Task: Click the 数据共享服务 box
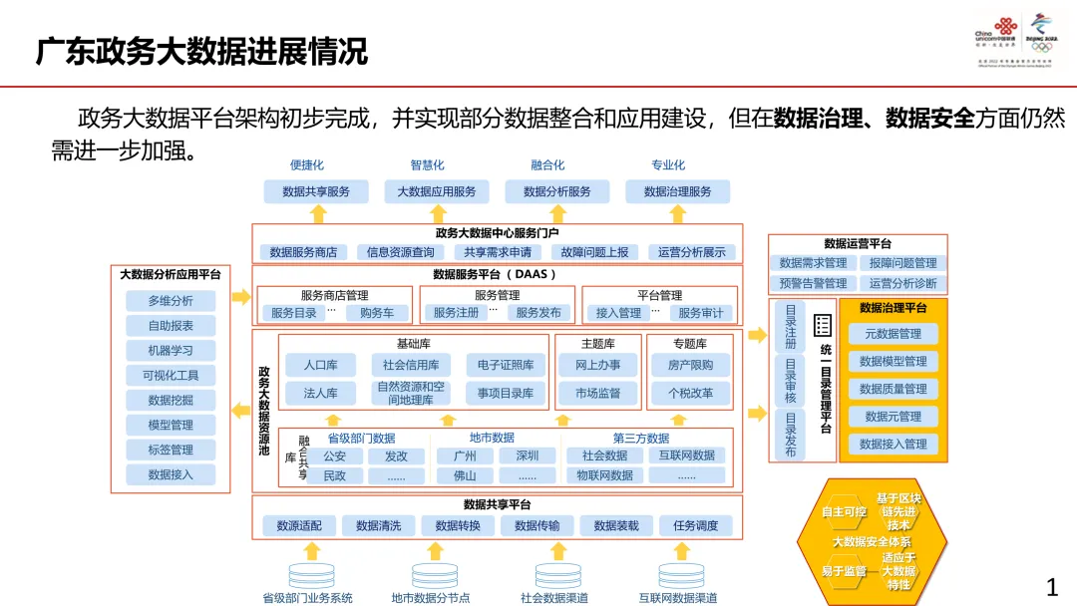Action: click(x=316, y=191)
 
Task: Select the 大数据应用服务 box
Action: click(x=437, y=191)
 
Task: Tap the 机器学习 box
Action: click(x=171, y=351)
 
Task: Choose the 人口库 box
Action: click(x=320, y=366)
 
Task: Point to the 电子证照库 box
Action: click(x=506, y=366)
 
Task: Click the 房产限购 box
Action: click(x=691, y=366)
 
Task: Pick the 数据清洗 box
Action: click(x=378, y=526)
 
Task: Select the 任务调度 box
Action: click(x=695, y=526)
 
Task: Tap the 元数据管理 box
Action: click(x=893, y=334)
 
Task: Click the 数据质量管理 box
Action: click(x=893, y=389)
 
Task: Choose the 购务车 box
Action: click(x=377, y=313)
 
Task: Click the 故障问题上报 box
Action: click(x=594, y=253)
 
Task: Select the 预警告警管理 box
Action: click(x=813, y=283)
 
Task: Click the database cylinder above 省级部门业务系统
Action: click(x=312, y=575)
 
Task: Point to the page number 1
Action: click(x=1051, y=587)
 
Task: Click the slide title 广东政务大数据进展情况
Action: click(x=202, y=51)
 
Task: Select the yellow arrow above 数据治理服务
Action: click(x=678, y=213)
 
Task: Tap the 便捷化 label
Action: click(x=307, y=165)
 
